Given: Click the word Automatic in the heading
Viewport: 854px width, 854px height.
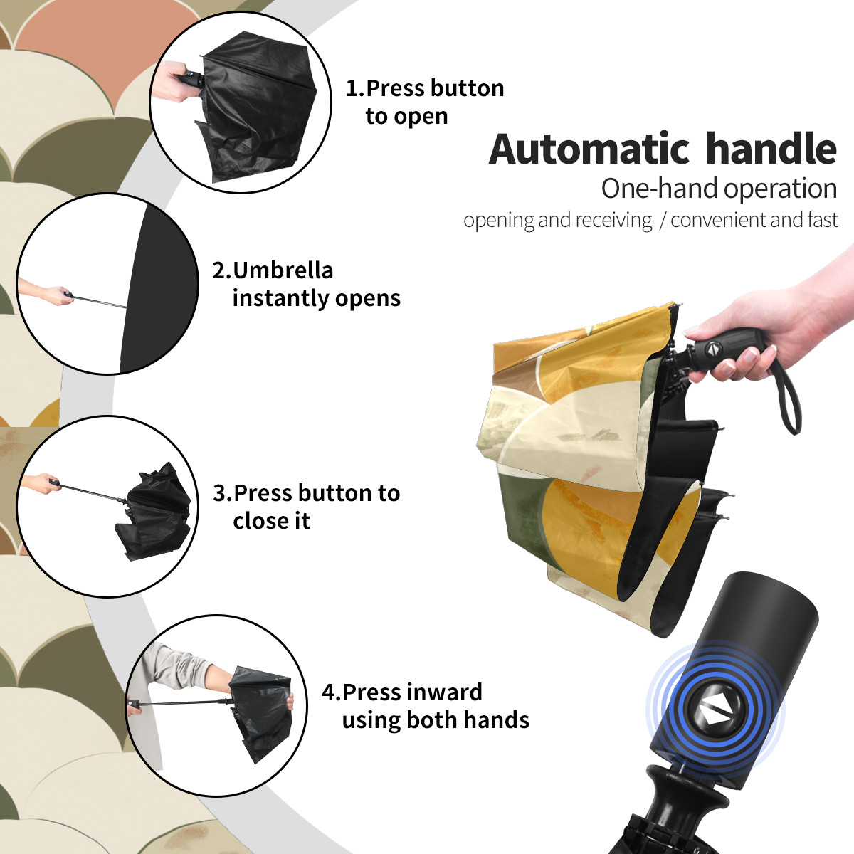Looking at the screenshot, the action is click(589, 149).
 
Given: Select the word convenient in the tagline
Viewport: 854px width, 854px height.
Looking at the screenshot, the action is click(718, 220).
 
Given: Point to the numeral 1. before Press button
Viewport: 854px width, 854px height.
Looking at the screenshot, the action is click(355, 88).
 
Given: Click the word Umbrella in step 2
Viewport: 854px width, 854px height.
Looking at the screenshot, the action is click(283, 270).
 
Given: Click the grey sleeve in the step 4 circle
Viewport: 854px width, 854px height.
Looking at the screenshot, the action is click(177, 668).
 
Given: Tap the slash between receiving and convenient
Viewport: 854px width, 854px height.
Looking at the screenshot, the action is click(662, 221).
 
